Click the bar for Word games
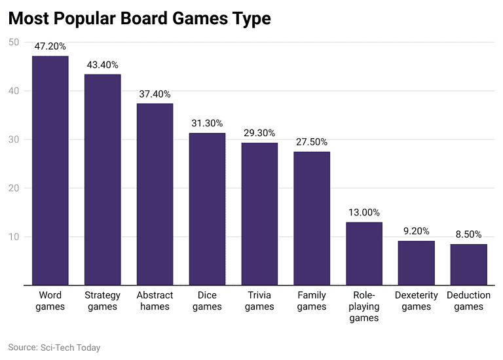50,170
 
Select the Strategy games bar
102,179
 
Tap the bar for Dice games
207,209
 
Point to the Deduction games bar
469,264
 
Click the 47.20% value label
50,47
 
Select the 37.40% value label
155,94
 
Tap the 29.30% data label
259,134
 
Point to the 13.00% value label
364,213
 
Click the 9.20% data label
417,231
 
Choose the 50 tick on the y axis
14,42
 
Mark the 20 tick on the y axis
14,188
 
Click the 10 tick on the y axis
14,236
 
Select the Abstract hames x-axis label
155,301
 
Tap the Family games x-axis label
312,301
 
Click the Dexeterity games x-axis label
417,301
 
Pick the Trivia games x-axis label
259,301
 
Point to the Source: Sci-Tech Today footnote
54,348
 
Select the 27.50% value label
312,142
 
